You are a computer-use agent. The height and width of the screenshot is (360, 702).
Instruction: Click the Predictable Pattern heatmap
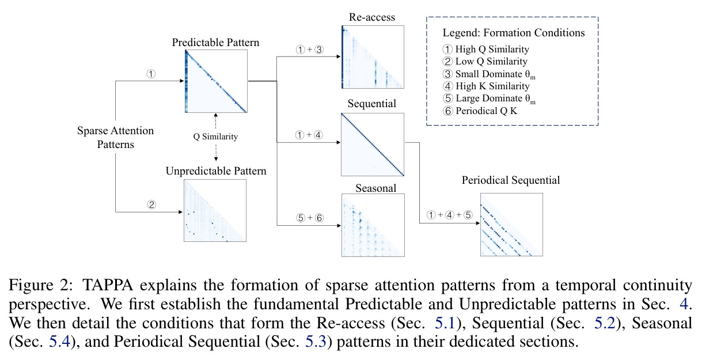216,81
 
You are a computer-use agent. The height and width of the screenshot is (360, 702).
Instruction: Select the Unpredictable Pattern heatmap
215,210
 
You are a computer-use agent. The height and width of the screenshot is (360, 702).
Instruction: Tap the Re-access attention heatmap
373,57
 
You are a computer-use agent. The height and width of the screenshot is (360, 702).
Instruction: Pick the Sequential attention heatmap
373,145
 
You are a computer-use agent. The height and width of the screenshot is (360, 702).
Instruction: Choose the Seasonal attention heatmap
373,225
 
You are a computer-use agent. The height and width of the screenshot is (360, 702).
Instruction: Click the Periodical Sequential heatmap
511,225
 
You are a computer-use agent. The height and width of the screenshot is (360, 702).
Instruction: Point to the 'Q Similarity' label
215,137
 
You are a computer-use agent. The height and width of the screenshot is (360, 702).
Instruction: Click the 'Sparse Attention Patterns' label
115,137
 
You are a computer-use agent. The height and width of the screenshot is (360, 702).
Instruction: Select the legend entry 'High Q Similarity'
486,49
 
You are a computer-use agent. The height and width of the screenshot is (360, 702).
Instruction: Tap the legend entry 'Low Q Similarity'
485,62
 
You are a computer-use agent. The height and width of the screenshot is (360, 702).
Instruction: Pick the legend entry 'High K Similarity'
486,86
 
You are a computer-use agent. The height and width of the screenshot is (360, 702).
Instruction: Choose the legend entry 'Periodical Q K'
480,111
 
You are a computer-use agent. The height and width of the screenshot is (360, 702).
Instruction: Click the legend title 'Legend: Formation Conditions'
514,33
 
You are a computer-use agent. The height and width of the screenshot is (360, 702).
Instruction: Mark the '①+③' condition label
310,50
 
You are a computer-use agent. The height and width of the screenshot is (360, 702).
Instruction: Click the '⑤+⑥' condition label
310,218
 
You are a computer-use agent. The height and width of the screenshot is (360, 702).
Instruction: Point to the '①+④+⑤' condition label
450,215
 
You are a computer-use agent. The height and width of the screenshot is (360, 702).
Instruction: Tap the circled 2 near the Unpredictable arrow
151,205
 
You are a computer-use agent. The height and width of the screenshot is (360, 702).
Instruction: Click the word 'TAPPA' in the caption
108,285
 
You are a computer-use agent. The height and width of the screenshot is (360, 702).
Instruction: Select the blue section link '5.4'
59,342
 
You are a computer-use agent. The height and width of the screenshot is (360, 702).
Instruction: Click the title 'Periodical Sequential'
511,180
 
